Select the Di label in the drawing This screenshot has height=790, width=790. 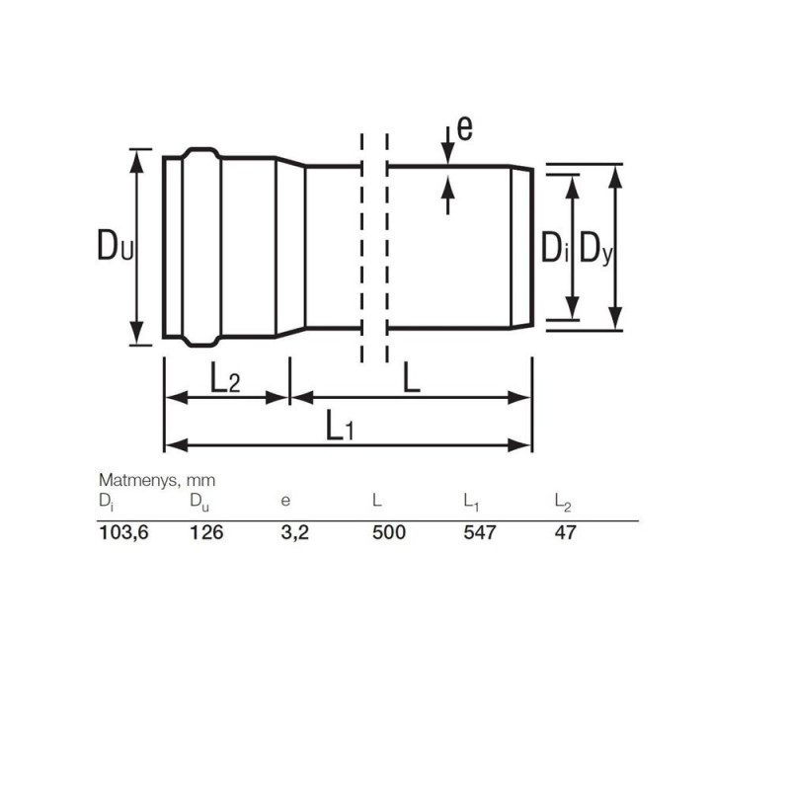pos(554,248)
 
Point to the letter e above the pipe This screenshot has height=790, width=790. pos(464,127)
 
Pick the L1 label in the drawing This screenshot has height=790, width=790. pos(340,426)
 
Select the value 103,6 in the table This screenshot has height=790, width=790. pos(124,532)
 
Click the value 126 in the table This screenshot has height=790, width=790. pos(206,532)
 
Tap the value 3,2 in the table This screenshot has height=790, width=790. pos(294,532)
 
